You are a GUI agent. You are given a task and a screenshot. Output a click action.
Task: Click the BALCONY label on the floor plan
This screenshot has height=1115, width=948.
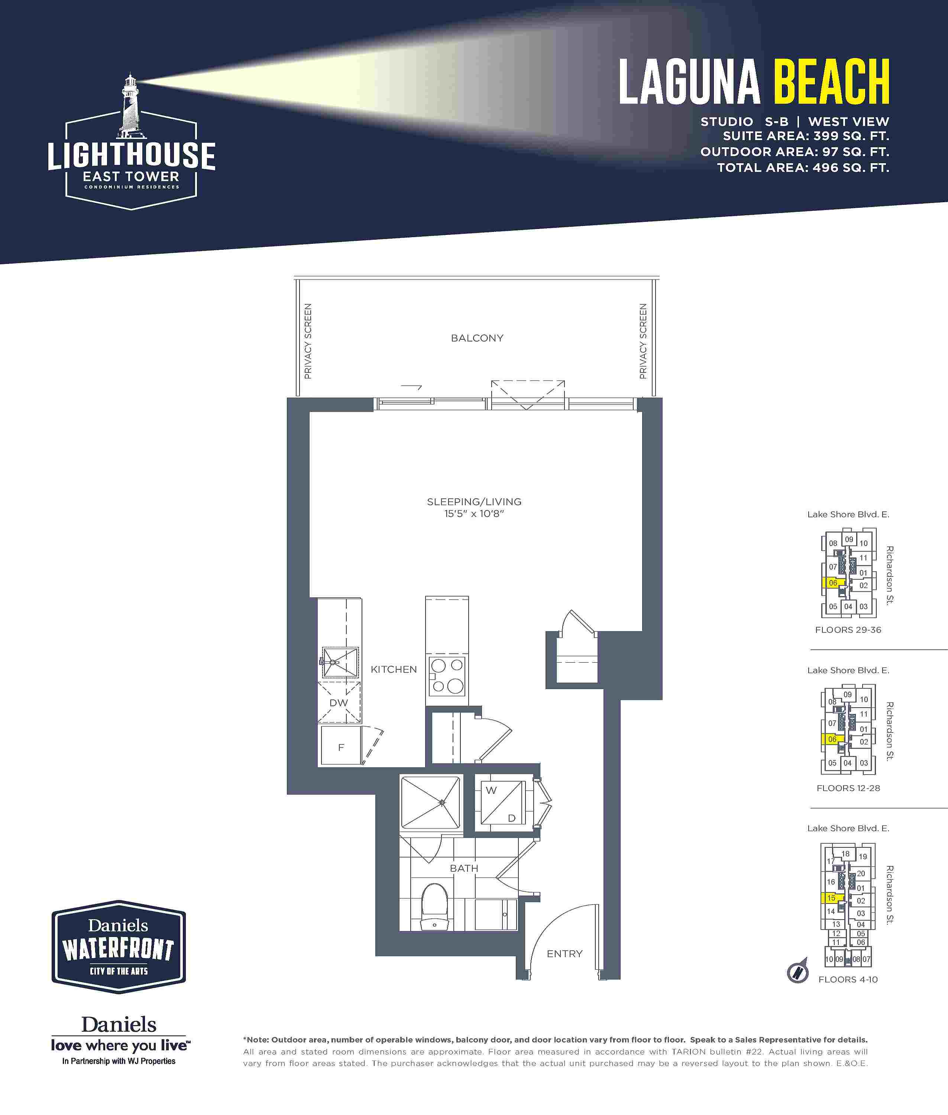click(477, 338)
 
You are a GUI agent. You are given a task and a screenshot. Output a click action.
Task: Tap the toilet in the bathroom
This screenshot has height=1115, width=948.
click(435, 908)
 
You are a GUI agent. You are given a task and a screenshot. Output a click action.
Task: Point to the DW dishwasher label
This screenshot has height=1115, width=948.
click(339, 703)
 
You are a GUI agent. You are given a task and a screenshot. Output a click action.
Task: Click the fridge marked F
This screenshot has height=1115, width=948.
click(341, 745)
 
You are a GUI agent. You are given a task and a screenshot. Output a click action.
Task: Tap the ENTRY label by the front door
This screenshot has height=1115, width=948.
click(564, 954)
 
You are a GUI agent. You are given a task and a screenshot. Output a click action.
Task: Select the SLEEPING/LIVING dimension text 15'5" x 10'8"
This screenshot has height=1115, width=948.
click(473, 514)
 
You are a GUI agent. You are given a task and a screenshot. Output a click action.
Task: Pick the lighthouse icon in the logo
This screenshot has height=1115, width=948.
click(129, 107)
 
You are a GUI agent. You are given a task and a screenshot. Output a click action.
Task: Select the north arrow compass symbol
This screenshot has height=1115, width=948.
click(797, 972)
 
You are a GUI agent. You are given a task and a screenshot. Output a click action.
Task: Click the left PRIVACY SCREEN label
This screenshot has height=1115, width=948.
click(308, 341)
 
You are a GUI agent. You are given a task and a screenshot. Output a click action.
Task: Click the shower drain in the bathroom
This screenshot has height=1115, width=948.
click(442, 802)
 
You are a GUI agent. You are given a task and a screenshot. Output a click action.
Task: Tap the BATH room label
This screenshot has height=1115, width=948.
click(464, 868)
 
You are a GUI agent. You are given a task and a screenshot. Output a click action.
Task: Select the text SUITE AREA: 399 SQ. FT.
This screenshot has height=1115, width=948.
click(806, 136)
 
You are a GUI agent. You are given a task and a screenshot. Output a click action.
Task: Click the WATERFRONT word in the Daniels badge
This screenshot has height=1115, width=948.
click(118, 950)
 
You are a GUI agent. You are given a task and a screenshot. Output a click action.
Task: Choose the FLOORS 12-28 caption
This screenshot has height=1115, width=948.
click(848, 788)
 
